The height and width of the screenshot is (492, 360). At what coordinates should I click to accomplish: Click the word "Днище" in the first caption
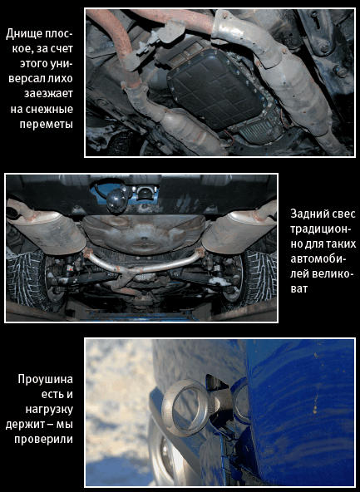[24, 34]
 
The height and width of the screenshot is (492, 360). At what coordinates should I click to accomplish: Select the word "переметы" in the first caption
[47, 125]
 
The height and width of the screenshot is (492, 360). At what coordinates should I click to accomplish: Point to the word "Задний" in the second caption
[308, 214]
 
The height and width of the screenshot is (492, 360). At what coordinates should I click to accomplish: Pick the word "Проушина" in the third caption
[46, 380]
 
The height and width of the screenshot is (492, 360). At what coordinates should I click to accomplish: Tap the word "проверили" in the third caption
[43, 440]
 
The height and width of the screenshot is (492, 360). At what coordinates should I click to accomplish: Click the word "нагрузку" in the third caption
[49, 410]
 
